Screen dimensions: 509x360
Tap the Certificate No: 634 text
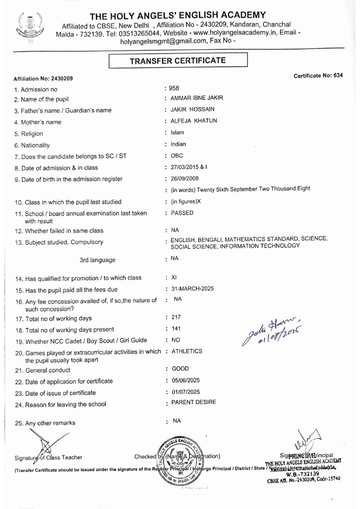click(315, 75)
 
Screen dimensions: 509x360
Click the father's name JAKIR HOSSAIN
click(189, 110)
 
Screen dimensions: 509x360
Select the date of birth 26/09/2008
click(183, 178)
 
